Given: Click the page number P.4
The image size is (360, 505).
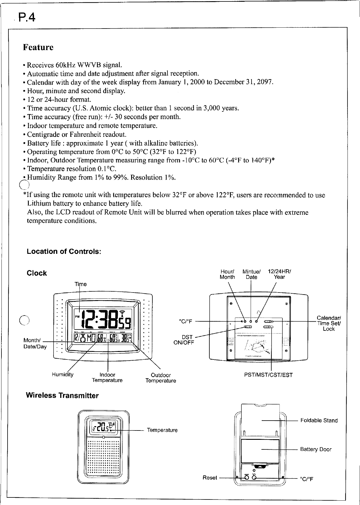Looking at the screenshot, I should [x=27, y=18].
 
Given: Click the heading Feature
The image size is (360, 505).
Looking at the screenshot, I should [x=38, y=47].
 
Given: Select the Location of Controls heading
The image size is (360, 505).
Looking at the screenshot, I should [x=64, y=251].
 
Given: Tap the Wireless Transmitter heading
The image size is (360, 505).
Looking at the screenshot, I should [x=62, y=396].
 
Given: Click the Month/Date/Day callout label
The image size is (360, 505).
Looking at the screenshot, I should [x=35, y=343].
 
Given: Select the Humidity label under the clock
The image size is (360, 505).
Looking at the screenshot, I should [x=63, y=375].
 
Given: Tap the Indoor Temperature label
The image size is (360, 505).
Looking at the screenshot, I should [x=107, y=378].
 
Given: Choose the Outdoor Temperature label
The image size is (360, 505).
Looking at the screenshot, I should [x=161, y=378].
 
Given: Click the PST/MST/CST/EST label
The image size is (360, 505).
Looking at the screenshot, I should [x=268, y=375].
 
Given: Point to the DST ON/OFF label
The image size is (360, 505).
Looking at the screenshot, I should [x=183, y=340].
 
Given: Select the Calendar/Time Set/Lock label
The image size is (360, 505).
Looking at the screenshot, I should [x=329, y=323].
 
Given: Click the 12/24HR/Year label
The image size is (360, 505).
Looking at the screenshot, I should [x=279, y=274].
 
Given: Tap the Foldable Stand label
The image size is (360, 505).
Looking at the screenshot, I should [x=319, y=421].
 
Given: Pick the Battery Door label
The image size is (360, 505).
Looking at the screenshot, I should [x=316, y=449].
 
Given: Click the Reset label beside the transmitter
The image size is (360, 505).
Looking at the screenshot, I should [x=210, y=478].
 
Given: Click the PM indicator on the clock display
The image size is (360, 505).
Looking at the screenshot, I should [x=77, y=316].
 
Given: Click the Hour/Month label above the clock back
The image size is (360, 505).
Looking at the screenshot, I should [x=227, y=274].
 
